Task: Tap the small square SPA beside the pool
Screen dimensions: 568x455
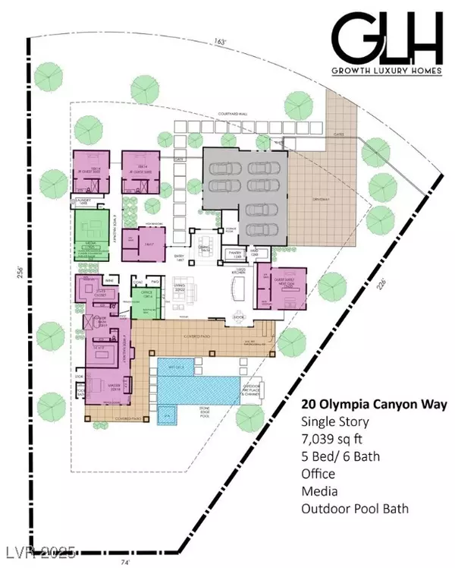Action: click(x=168, y=417)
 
